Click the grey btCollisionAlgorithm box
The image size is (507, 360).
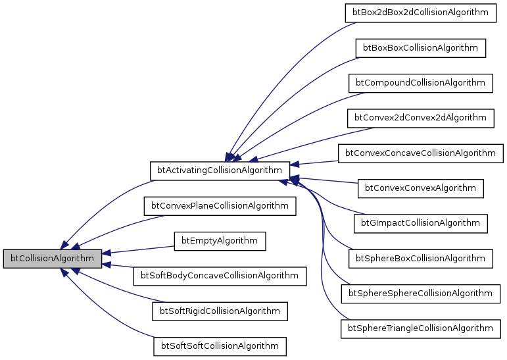[x=53, y=259]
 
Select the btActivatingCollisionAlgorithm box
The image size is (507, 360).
[x=220, y=170]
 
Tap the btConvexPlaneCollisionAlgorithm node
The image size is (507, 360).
[x=220, y=205]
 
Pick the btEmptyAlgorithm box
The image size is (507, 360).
[x=220, y=241]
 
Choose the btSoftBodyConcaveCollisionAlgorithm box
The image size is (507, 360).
[x=220, y=276]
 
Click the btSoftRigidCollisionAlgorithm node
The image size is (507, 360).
[x=220, y=311]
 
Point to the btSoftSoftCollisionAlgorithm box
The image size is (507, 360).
[x=220, y=346]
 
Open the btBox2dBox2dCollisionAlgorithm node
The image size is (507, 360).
[x=421, y=13]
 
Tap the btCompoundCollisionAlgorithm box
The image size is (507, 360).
[x=421, y=83]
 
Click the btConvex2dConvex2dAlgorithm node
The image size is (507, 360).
[x=421, y=118]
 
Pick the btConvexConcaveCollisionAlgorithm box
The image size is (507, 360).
[x=421, y=153]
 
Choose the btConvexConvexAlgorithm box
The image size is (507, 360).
[x=421, y=188]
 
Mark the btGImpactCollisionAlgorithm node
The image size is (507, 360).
[x=421, y=223]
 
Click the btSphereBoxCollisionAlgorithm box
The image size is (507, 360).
[x=421, y=258]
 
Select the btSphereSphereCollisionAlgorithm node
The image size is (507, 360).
[x=421, y=293]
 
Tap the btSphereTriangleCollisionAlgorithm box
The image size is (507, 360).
[x=421, y=328]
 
